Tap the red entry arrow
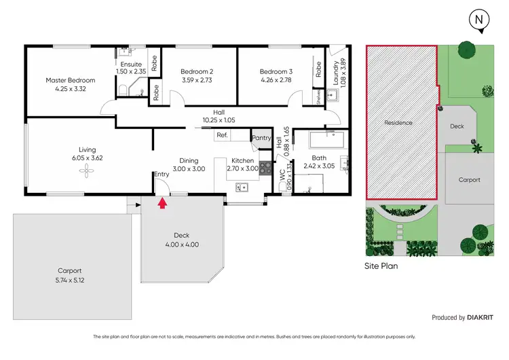pyautogui.click(x=162, y=202)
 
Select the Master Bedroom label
pyautogui.click(x=71, y=80)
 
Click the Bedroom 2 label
pyautogui.click(x=197, y=71)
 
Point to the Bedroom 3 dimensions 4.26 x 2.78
pyautogui.click(x=276, y=80)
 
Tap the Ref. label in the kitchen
pyautogui.click(x=222, y=135)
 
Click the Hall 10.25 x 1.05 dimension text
pyautogui.click(x=218, y=120)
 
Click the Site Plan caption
pyautogui.click(x=381, y=266)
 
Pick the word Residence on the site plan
pyautogui.click(x=398, y=123)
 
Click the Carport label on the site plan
pyautogui.click(x=469, y=180)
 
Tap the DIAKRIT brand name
pyautogui.click(x=484, y=317)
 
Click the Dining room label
pyautogui.click(x=184, y=161)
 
